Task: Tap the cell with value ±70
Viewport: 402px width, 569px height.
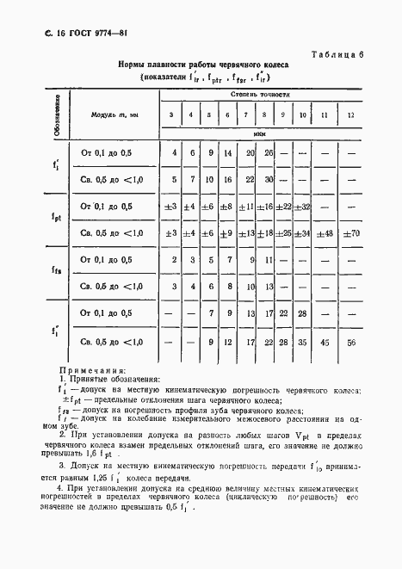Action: pyautogui.click(x=349, y=233)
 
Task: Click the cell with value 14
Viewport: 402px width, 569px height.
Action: pyautogui.click(x=227, y=153)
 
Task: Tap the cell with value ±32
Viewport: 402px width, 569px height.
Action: pyautogui.click(x=302, y=207)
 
